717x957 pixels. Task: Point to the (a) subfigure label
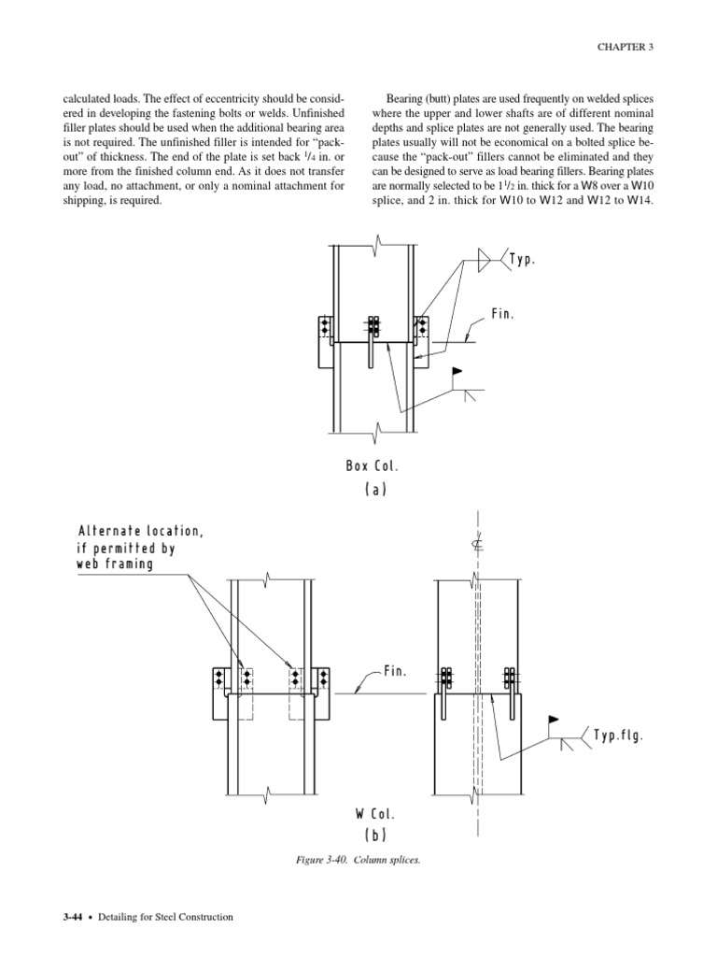tap(376, 488)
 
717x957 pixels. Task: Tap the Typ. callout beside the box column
tap(521, 259)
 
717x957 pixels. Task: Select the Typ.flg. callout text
tap(618, 736)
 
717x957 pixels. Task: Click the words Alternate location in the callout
tap(140, 532)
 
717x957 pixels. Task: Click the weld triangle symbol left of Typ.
tap(485, 260)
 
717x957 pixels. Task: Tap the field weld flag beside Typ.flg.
tap(553, 721)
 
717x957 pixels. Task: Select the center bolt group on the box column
tap(373, 326)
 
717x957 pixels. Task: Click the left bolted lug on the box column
tap(325, 327)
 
